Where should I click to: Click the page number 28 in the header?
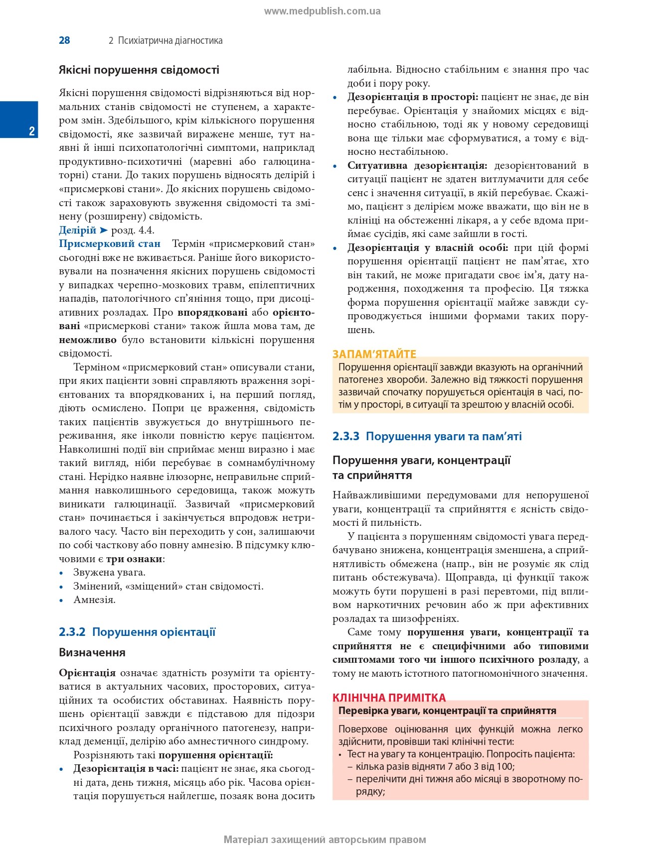point(64,40)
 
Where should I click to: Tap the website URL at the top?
point(323,11)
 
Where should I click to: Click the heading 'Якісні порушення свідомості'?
point(139,70)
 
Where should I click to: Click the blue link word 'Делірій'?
point(77,230)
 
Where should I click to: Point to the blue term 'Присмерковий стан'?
point(110,243)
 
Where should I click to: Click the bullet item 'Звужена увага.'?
point(109,573)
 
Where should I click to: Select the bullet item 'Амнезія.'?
point(94,600)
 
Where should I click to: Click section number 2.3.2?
point(72,632)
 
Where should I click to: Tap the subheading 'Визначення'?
point(92,652)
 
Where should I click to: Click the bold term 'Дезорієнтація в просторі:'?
point(413,97)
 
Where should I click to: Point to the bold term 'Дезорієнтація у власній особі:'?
point(428,247)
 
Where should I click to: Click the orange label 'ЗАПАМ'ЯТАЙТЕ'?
point(374,354)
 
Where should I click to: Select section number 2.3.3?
point(346,436)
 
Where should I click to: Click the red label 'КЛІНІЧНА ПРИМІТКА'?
point(389,697)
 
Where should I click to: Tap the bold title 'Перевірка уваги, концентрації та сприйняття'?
point(447,711)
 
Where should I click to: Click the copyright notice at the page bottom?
point(324,840)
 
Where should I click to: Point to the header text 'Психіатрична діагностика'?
point(170,40)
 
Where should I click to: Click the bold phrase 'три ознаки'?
point(134,559)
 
